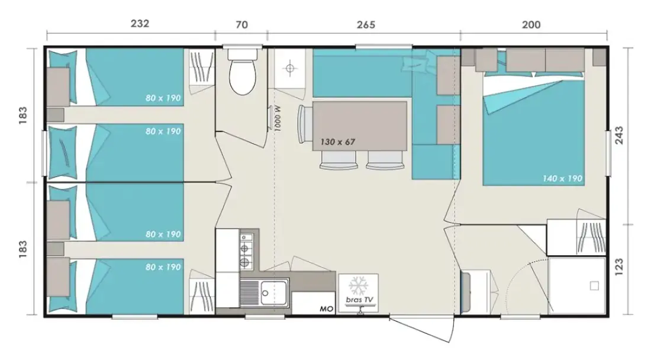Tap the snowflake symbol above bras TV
tap(358, 285)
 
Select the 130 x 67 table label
tap(337, 142)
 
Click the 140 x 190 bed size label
tap(563, 179)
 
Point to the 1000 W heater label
tap(278, 118)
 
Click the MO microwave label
tap(326, 309)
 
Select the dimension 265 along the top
tap(366, 25)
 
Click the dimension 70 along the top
tap(241, 25)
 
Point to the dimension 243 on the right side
tap(619, 136)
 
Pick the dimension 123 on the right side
tap(619, 267)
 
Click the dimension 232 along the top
tap(140, 24)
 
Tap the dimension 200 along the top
tap(531, 25)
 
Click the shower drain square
tap(594, 285)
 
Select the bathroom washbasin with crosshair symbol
tap(290, 68)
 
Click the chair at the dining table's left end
tap(305, 124)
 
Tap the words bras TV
tap(359, 300)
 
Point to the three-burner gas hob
tap(246, 250)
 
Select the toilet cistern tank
tap(243, 54)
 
